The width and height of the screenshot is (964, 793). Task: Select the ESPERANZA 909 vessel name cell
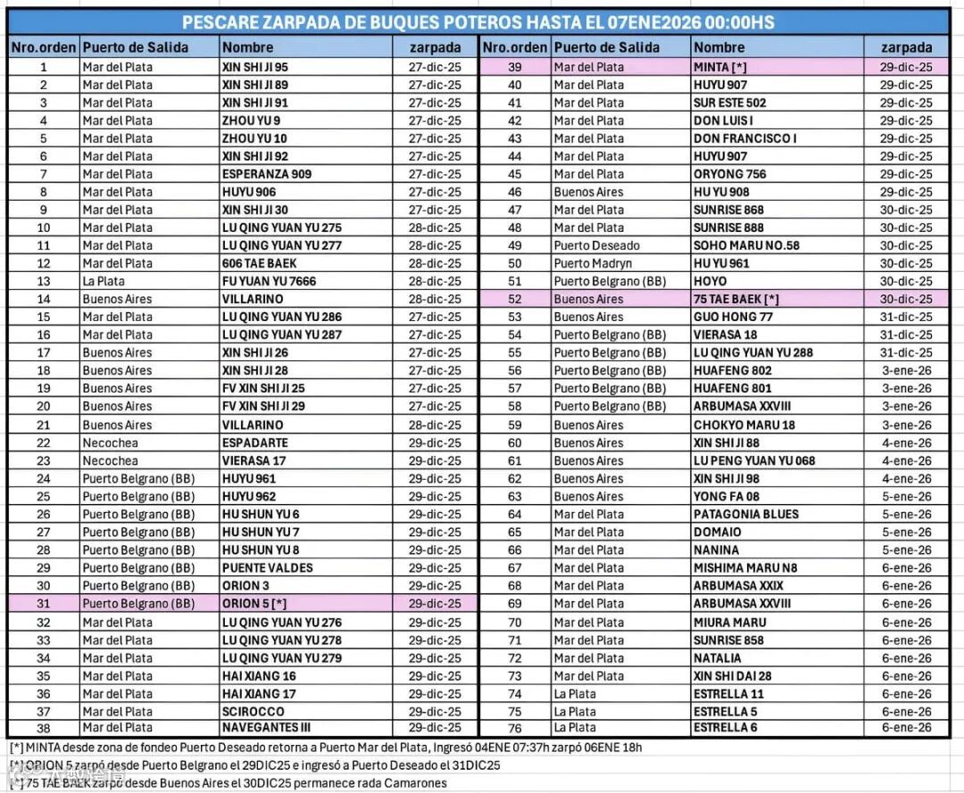267,174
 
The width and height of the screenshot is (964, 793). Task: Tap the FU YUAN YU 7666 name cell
269,281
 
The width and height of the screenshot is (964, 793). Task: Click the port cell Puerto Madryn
593,263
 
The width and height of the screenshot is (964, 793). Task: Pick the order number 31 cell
43,604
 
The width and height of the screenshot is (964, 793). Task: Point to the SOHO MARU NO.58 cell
746,245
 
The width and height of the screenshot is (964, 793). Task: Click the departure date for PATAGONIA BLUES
906,515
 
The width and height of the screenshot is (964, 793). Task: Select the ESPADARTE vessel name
254,442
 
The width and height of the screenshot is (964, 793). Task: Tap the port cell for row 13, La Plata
103,281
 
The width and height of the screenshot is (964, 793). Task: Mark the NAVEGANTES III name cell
266,728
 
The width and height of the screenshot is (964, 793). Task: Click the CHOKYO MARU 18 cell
744,425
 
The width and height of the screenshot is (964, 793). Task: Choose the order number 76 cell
515,728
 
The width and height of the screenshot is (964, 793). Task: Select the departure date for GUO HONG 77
906,317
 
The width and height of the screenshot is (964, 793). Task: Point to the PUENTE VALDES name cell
267,568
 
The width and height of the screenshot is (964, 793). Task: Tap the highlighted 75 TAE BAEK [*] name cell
735,299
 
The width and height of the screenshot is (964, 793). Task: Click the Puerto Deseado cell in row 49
596,245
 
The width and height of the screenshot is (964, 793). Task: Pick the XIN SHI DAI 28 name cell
732,676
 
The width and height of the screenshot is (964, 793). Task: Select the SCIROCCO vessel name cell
253,712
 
